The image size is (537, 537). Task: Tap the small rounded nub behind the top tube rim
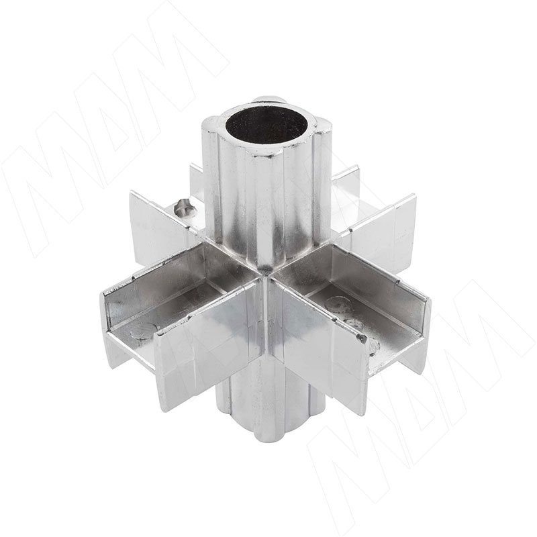[x=268, y=101]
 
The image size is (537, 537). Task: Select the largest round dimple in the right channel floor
[x=338, y=305]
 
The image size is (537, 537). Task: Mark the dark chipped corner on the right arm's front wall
[x=362, y=339]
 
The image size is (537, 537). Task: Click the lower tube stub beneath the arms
[x=271, y=404]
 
